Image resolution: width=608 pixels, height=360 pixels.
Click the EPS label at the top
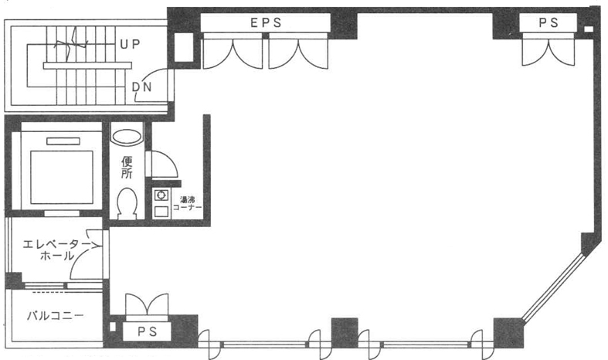[x=266, y=22]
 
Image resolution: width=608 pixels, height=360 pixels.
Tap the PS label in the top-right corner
[x=549, y=22]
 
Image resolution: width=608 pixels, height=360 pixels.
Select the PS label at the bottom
[x=148, y=331]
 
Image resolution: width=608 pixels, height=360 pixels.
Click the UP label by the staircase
[x=130, y=44]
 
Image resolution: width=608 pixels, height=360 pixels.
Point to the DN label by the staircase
[x=142, y=87]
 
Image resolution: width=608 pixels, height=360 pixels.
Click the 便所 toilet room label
[x=127, y=168]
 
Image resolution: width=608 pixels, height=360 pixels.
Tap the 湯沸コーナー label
[x=187, y=204]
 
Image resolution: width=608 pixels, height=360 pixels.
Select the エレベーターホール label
[x=56, y=250]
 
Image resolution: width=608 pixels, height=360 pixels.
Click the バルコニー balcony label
[x=55, y=315]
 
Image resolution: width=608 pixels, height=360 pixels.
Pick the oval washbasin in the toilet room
[x=127, y=138]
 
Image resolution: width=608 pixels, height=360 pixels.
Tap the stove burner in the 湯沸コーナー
[x=161, y=195]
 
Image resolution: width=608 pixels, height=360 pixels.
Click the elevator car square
[x=62, y=177]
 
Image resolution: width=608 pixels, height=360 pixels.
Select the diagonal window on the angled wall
[x=553, y=287]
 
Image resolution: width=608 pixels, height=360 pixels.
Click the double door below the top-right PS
[x=549, y=49]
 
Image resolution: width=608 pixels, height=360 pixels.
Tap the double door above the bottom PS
[x=148, y=304]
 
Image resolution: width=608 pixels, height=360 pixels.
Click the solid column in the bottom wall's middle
[x=345, y=332]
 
